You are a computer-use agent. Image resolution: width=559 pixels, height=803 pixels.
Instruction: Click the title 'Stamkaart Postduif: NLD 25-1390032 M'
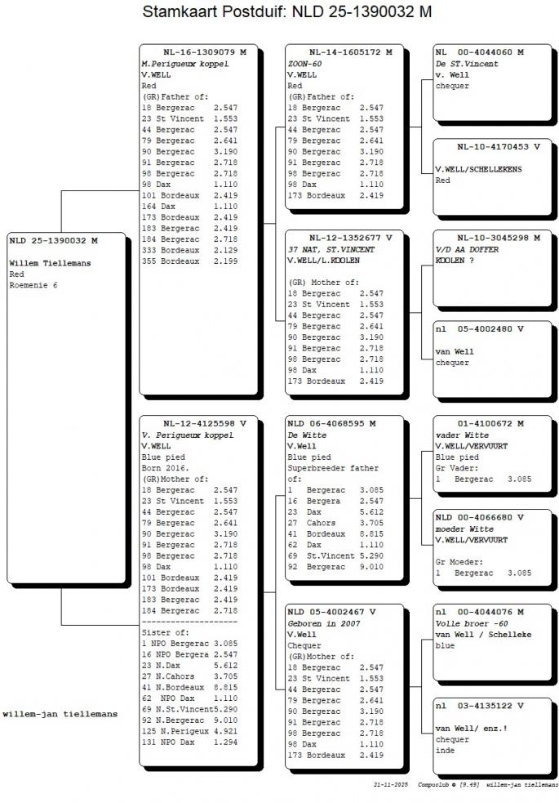(x=286, y=12)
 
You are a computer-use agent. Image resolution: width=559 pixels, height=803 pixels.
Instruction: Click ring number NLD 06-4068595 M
(x=331, y=424)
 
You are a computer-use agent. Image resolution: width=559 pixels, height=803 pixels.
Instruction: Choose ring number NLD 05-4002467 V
(x=331, y=611)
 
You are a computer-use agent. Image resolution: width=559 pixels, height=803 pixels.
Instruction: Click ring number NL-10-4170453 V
(x=498, y=147)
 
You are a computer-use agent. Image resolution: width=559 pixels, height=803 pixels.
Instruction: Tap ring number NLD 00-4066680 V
(x=479, y=517)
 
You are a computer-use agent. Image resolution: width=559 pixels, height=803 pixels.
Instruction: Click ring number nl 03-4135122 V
(x=479, y=705)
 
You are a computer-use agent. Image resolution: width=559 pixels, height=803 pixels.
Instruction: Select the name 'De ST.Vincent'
(x=467, y=64)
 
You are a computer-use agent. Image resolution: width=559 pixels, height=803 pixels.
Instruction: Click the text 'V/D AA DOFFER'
(x=467, y=249)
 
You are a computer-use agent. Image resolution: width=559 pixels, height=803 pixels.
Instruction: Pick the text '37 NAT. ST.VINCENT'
(x=331, y=249)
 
